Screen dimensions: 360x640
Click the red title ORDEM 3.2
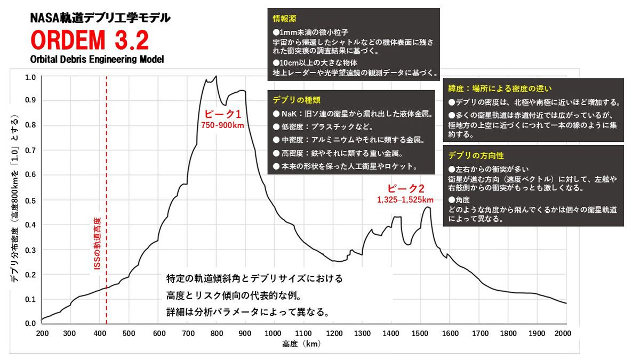pyautogui.click(x=89, y=40)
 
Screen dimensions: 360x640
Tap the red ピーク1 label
pyautogui.click(x=223, y=114)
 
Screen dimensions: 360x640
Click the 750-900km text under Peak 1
pyautogui.click(x=223, y=125)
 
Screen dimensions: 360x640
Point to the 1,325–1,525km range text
pyautogui.click(x=405, y=200)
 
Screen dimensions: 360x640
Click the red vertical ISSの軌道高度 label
pyautogui.click(x=97, y=243)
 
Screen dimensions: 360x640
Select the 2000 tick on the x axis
pyautogui.click(x=563, y=333)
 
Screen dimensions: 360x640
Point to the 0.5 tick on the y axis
pyautogui.click(x=30, y=201)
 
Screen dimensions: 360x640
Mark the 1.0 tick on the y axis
pyautogui.click(x=30, y=77)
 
